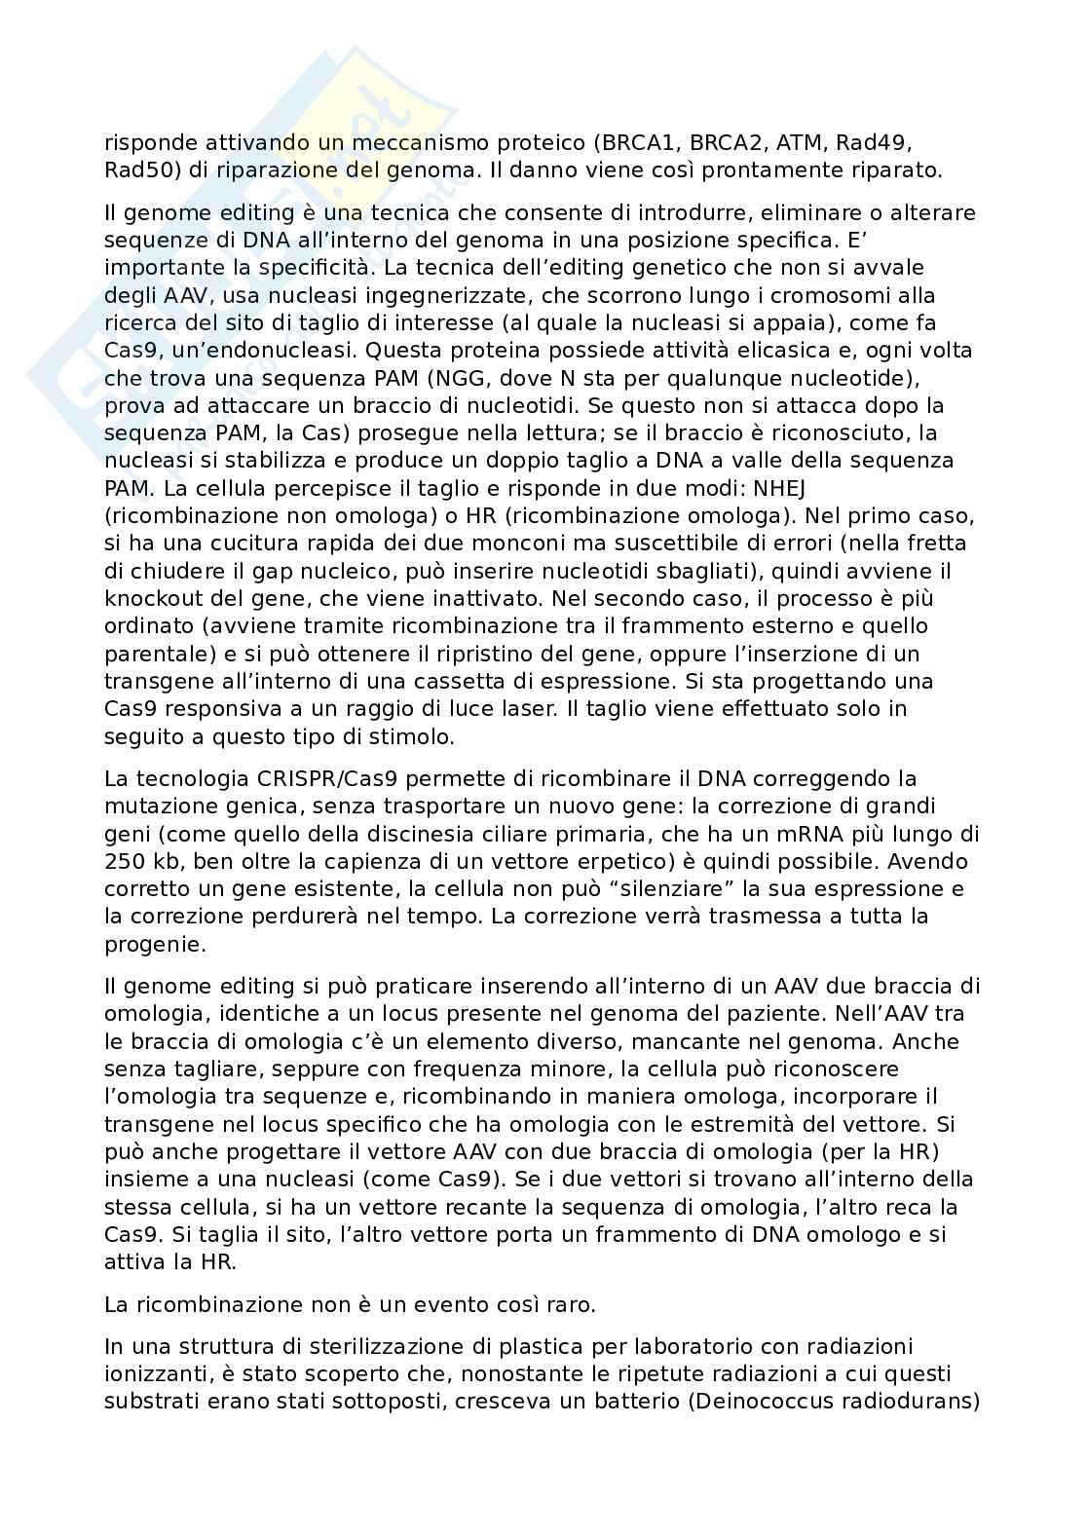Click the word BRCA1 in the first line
click(633, 143)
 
